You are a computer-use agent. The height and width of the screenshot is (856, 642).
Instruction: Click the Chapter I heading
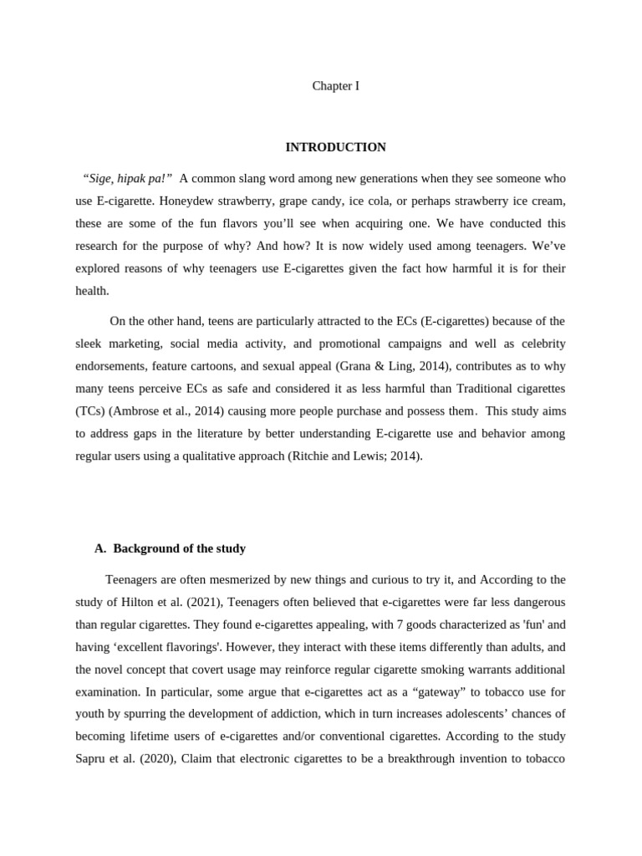[335, 86]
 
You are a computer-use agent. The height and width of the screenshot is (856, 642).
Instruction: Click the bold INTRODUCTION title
[335, 147]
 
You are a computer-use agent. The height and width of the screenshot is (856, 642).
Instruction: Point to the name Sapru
[91, 760]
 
